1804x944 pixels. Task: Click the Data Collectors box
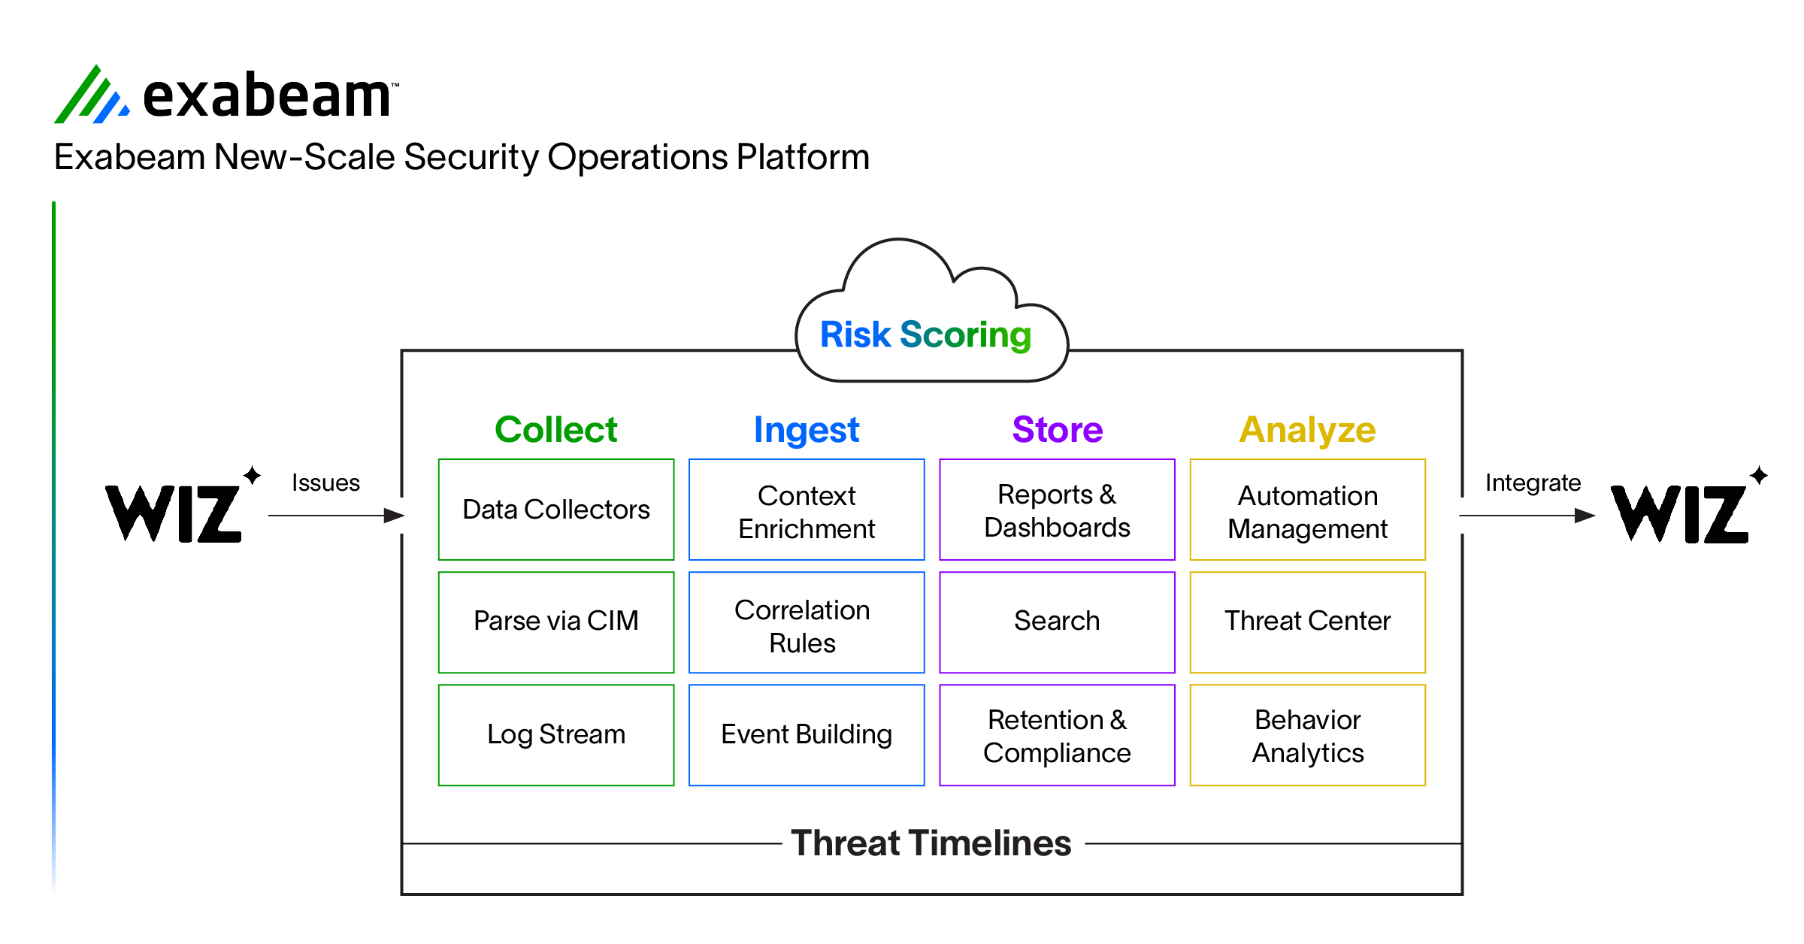click(556, 510)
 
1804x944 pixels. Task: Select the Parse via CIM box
click(556, 622)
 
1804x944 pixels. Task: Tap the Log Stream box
click(556, 735)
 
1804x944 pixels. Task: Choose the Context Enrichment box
click(807, 510)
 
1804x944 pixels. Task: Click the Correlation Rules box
click(807, 622)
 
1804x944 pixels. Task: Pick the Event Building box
click(807, 735)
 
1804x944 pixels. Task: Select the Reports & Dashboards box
click(1057, 510)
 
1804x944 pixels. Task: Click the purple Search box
click(1057, 622)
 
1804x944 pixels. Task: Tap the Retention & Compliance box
click(1057, 735)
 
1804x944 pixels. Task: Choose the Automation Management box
click(1308, 510)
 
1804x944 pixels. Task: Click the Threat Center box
click(1308, 622)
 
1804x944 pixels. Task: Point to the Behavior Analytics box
click(1308, 735)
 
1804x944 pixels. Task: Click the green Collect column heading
click(556, 430)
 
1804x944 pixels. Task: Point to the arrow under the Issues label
click(337, 516)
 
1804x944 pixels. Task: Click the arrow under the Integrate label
click(1527, 516)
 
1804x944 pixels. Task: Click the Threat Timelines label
click(931, 843)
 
